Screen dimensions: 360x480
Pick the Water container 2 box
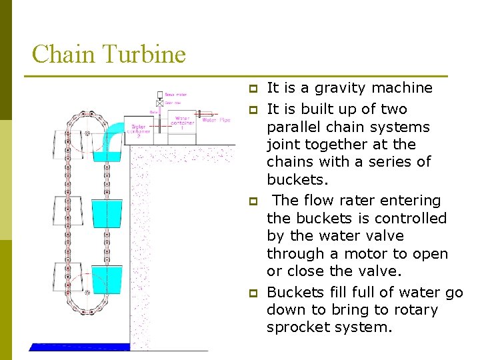point(142,130)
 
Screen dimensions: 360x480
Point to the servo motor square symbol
point(160,95)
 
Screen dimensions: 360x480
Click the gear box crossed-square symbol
point(160,104)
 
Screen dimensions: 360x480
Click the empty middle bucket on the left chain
point(65,212)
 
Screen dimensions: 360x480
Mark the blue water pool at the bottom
point(79,347)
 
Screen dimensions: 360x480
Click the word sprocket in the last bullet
point(297,327)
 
